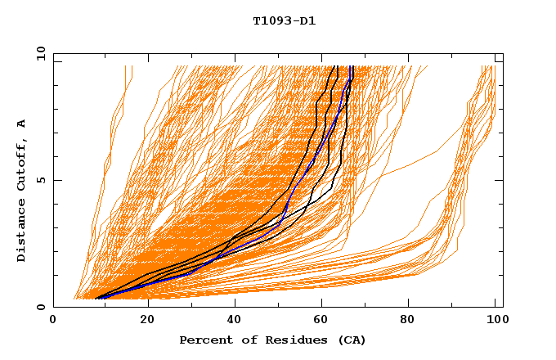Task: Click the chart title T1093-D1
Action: point(285,20)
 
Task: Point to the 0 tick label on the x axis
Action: point(53,320)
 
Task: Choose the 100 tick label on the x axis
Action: point(495,320)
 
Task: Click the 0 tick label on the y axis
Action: point(40,308)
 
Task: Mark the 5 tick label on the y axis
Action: point(40,180)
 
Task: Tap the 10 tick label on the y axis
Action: point(38,53)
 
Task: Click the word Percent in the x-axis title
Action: point(202,340)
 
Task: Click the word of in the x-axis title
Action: point(240,340)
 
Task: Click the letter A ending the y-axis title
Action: point(22,124)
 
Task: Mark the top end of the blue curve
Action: point(352,67)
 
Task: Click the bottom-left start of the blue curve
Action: point(96,298)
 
